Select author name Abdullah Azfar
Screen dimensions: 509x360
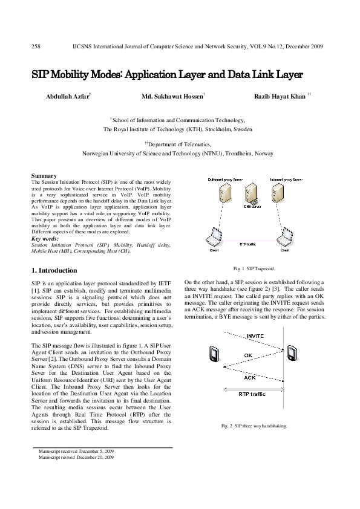tap(67, 96)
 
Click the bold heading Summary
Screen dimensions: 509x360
tap(44, 176)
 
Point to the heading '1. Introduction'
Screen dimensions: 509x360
tap(54, 270)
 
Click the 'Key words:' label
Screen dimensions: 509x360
tap(45, 239)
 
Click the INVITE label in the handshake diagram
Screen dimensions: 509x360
tap(254, 336)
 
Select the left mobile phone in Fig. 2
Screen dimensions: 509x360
tap(214, 353)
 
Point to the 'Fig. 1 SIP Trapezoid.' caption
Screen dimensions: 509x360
tap(253, 267)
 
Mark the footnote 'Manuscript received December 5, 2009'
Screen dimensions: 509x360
tap(75, 451)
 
